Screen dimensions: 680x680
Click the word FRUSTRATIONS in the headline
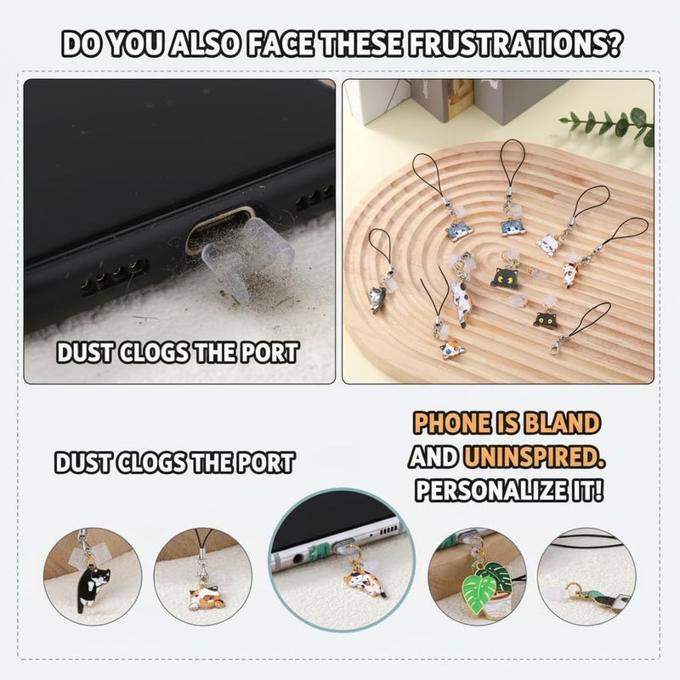513,44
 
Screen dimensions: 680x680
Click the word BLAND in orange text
562,423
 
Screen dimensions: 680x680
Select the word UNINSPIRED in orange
534,457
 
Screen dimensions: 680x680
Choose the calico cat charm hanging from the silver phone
364,584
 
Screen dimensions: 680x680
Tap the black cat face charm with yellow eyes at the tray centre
505,277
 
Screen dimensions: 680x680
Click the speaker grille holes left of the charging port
115,277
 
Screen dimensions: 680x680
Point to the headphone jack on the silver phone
298,558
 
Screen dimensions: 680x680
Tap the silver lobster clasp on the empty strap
556,346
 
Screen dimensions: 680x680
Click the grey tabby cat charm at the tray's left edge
377,297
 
